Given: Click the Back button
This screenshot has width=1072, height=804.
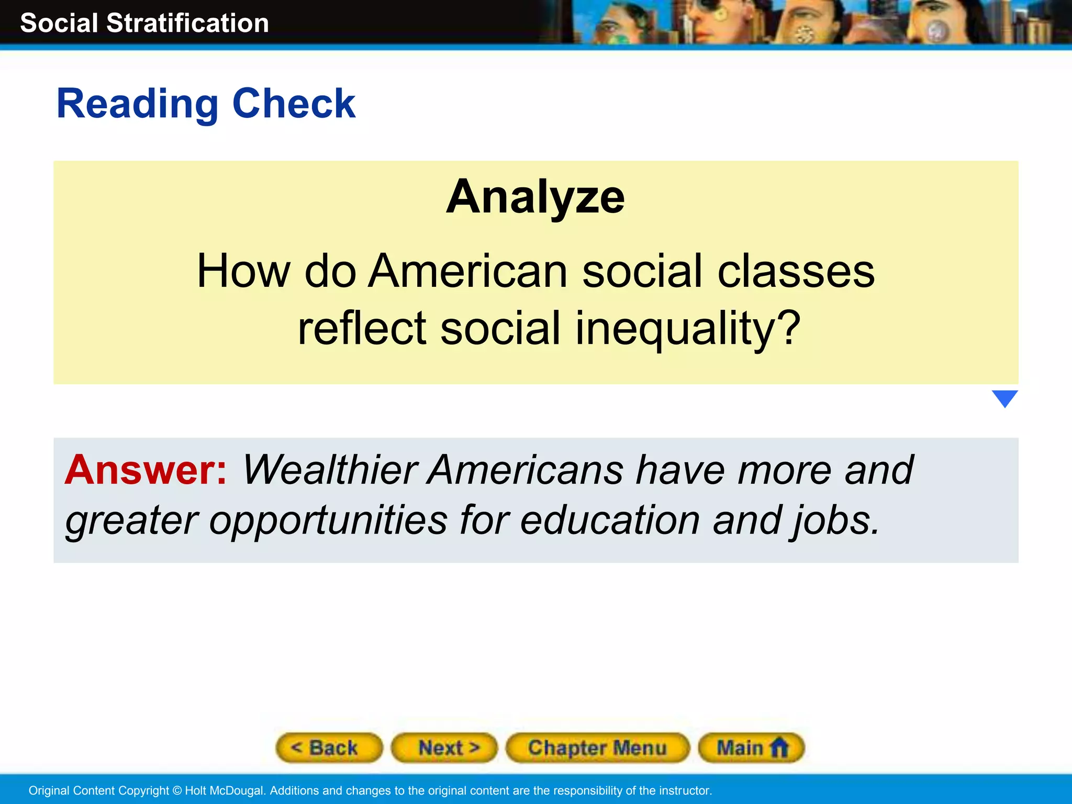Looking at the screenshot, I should pyautogui.click(x=329, y=747).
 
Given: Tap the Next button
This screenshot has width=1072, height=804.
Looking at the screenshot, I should pyautogui.click(x=444, y=747).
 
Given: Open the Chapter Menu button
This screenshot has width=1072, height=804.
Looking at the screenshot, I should pyautogui.click(x=597, y=747).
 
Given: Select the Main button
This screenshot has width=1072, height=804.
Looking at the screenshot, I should pyautogui.click(x=751, y=747).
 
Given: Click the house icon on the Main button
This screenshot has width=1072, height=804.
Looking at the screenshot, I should pyautogui.click(x=779, y=747).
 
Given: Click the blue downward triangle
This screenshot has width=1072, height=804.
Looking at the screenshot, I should pyautogui.click(x=1004, y=398).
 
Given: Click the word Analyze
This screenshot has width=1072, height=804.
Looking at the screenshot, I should pyautogui.click(x=535, y=197).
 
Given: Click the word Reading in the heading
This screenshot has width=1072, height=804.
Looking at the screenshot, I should pyautogui.click(x=137, y=104).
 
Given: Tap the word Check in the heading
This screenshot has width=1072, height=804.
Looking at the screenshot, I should pyautogui.click(x=294, y=104).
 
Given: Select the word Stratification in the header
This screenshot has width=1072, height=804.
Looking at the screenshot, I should pyautogui.click(x=187, y=23).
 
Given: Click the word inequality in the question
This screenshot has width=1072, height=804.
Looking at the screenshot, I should pyautogui.click(x=687, y=328).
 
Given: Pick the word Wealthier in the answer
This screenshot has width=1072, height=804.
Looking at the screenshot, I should pyautogui.click(x=330, y=470).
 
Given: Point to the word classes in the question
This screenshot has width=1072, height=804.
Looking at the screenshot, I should pyautogui.click(x=796, y=271).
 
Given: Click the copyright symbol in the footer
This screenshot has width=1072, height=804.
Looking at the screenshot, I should pyautogui.click(x=177, y=790).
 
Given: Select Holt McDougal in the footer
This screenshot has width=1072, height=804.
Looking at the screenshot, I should pyautogui.click(x=225, y=790).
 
